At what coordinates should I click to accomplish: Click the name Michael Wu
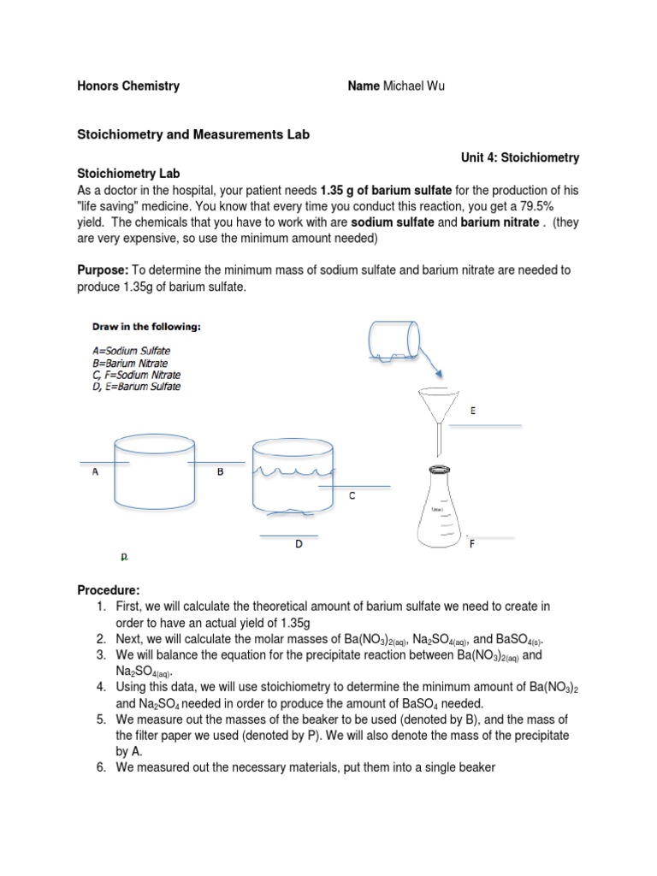pyautogui.click(x=415, y=86)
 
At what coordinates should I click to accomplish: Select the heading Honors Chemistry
pyautogui.click(x=129, y=86)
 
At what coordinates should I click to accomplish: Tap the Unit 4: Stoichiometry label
pyautogui.click(x=520, y=157)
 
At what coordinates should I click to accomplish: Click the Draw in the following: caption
pyautogui.click(x=146, y=327)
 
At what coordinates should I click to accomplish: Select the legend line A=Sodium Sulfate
pyautogui.click(x=131, y=351)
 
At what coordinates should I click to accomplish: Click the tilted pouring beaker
pyautogui.click(x=395, y=340)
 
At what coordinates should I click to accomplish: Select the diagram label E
pyautogui.click(x=473, y=411)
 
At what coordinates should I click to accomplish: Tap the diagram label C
pyautogui.click(x=352, y=496)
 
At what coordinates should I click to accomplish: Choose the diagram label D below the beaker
pyautogui.click(x=299, y=543)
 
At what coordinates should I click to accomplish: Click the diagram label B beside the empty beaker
pyautogui.click(x=220, y=471)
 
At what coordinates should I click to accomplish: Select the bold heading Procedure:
pyautogui.click(x=108, y=590)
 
